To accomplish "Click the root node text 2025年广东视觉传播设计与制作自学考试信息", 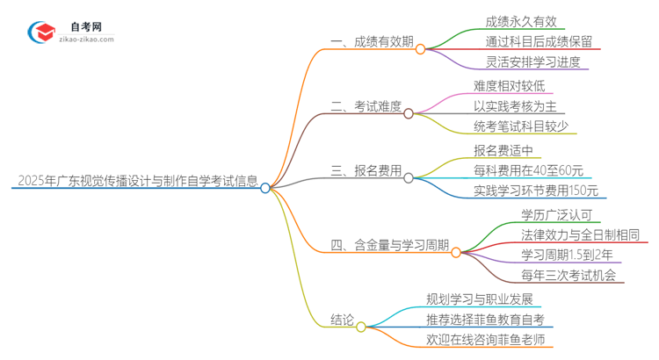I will (x=136, y=183).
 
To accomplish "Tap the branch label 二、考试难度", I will (x=366, y=107).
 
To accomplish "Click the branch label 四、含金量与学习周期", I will (x=390, y=246).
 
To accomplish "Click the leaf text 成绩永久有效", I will (x=520, y=22).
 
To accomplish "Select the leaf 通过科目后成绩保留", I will (x=539, y=42).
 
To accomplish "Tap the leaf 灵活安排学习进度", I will (x=532, y=62).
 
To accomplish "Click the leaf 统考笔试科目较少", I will (x=520, y=126).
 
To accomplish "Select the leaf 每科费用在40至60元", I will (x=528, y=170).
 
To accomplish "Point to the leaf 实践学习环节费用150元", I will (x=535, y=191).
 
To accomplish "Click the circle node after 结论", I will (x=362, y=327).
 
